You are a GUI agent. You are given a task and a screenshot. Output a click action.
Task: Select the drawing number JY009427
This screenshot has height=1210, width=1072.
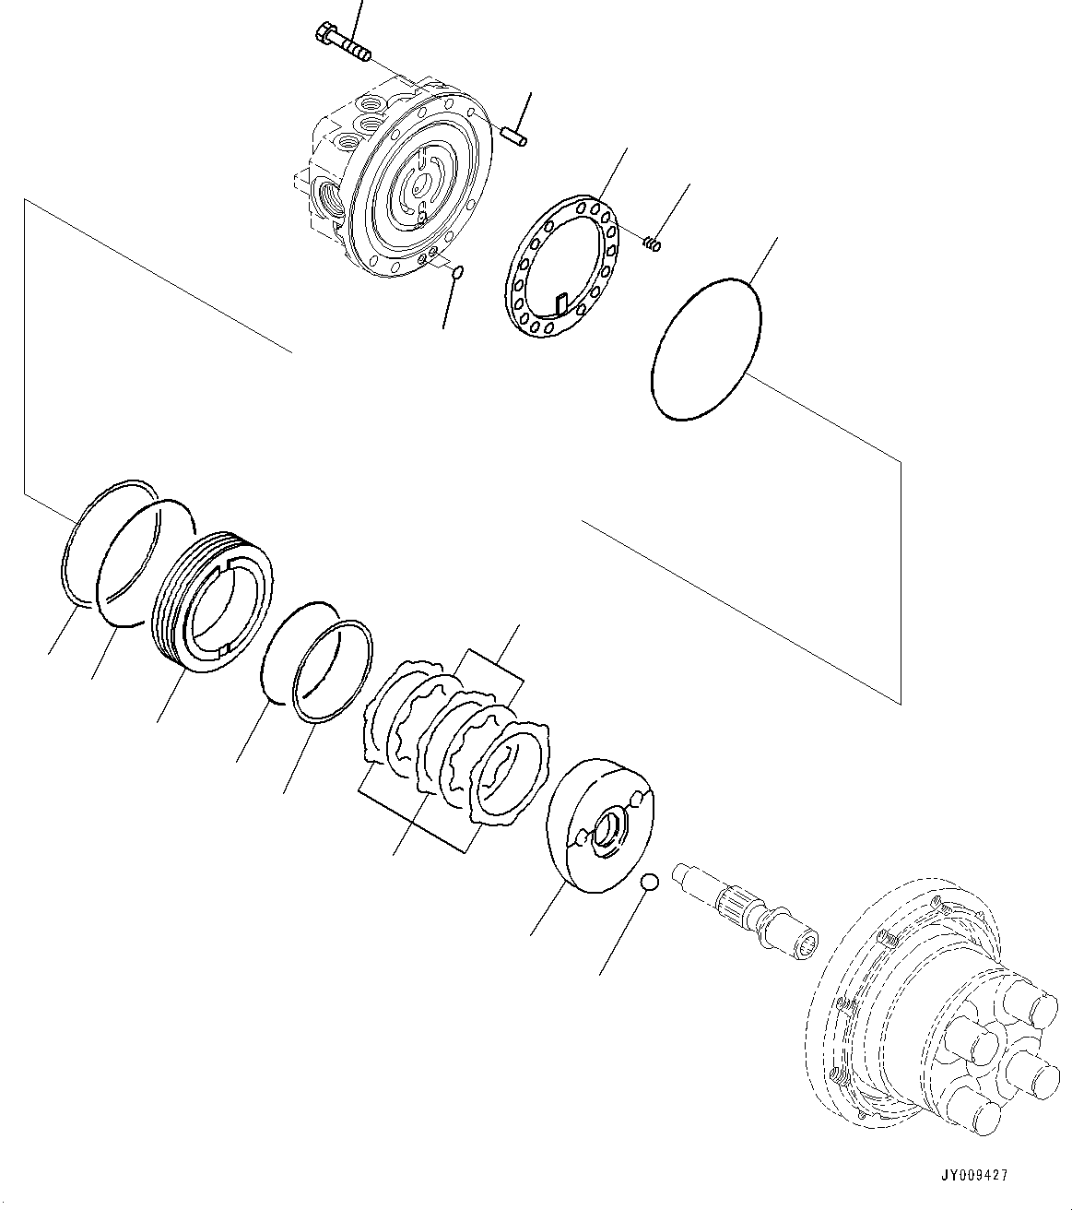point(973,1175)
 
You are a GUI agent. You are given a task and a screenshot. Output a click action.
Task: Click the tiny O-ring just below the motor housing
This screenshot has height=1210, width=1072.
point(457,272)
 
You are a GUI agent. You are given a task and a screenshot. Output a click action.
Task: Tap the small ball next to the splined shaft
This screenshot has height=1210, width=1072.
point(650,882)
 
